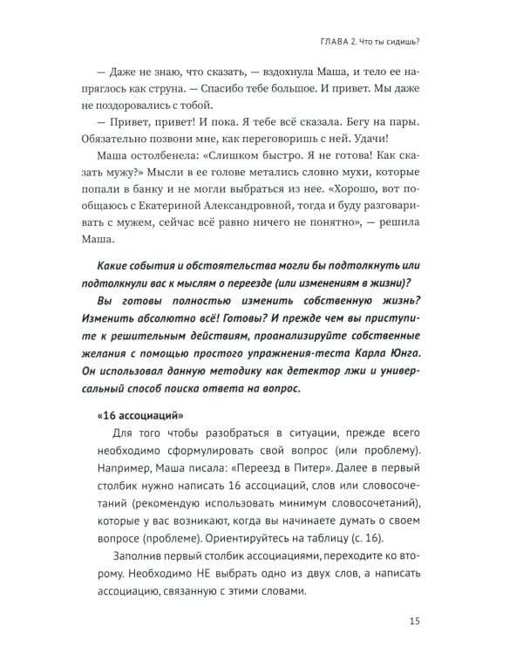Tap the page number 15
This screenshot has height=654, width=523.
(x=414, y=620)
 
